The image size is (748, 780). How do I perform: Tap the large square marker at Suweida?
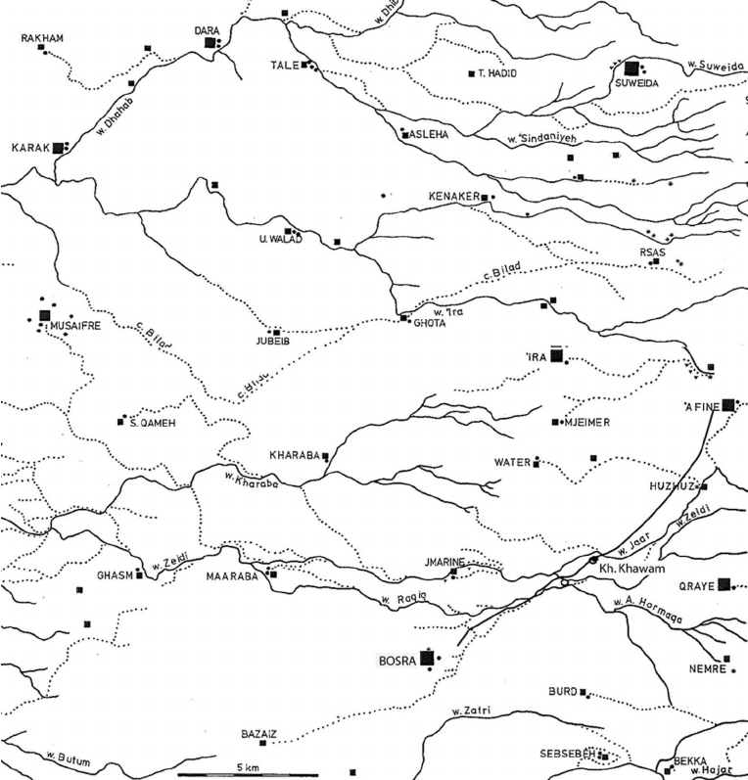click(632, 68)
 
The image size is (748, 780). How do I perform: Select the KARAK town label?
click(29, 148)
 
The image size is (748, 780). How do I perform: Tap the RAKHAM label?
click(40, 38)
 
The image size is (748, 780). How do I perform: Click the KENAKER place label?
click(452, 197)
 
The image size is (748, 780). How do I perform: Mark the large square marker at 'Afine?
click(727, 405)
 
